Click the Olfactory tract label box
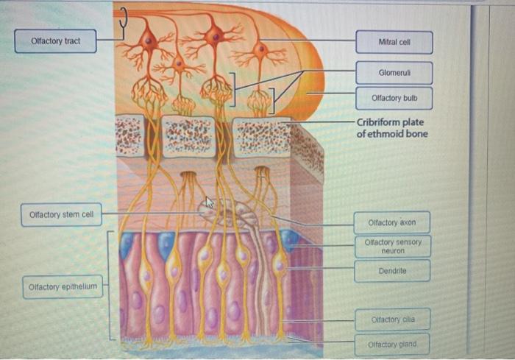coord(56,40)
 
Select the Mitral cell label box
coord(395,43)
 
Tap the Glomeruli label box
coord(395,73)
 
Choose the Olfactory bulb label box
coord(395,97)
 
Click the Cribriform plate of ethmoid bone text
coord(391,127)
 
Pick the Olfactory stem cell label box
coord(61,215)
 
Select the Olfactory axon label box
coord(392,222)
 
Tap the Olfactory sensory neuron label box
coord(392,246)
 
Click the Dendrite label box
coord(392,272)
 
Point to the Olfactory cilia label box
coord(392,320)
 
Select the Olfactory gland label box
coord(392,344)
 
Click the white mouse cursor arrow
coord(209,202)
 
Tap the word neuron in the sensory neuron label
coord(393,251)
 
